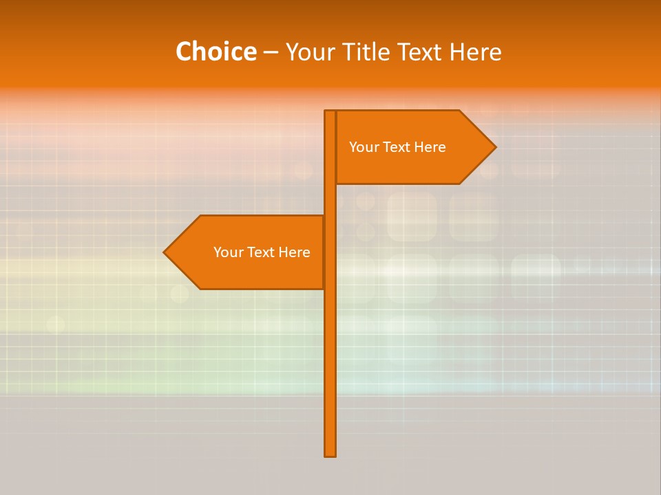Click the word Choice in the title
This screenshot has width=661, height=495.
pyautogui.click(x=216, y=52)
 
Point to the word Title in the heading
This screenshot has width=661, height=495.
pyautogui.click(x=365, y=52)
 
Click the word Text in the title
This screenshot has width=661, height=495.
pyautogui.click(x=420, y=52)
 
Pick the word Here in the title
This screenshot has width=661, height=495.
pyautogui.click(x=475, y=52)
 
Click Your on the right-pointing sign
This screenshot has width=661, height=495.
pyautogui.click(x=364, y=147)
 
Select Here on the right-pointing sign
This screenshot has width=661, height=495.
pyautogui.click(x=430, y=147)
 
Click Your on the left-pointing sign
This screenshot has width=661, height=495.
pyautogui.click(x=228, y=252)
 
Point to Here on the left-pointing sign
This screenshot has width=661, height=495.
pyautogui.click(x=294, y=252)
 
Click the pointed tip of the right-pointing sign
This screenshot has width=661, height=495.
pyautogui.click(x=494, y=147)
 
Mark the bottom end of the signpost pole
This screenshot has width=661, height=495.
pyautogui.click(x=330, y=454)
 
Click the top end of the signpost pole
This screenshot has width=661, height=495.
pyautogui.click(x=330, y=112)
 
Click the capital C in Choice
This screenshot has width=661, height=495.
pyautogui.click(x=183, y=52)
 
